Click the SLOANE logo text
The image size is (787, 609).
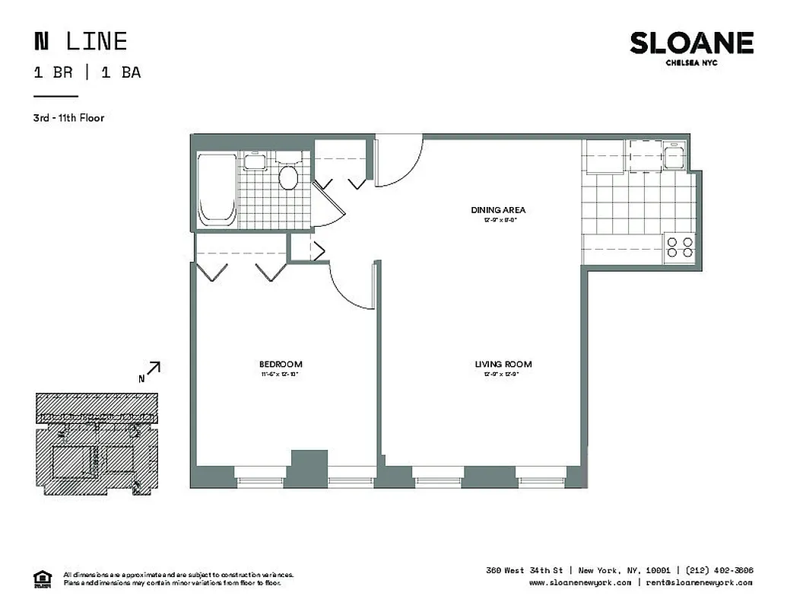click(x=691, y=43)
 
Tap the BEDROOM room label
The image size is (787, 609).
click(x=281, y=364)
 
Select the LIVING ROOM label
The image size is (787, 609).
click(x=503, y=364)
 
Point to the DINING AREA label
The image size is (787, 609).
click(x=498, y=210)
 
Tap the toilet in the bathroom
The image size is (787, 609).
click(x=288, y=174)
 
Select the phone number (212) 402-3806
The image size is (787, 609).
click(x=719, y=570)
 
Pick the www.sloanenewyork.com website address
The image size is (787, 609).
click(x=580, y=582)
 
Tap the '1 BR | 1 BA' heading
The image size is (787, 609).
click(x=87, y=73)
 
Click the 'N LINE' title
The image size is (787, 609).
click(x=81, y=41)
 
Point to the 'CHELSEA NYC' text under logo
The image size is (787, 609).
click(x=691, y=63)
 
